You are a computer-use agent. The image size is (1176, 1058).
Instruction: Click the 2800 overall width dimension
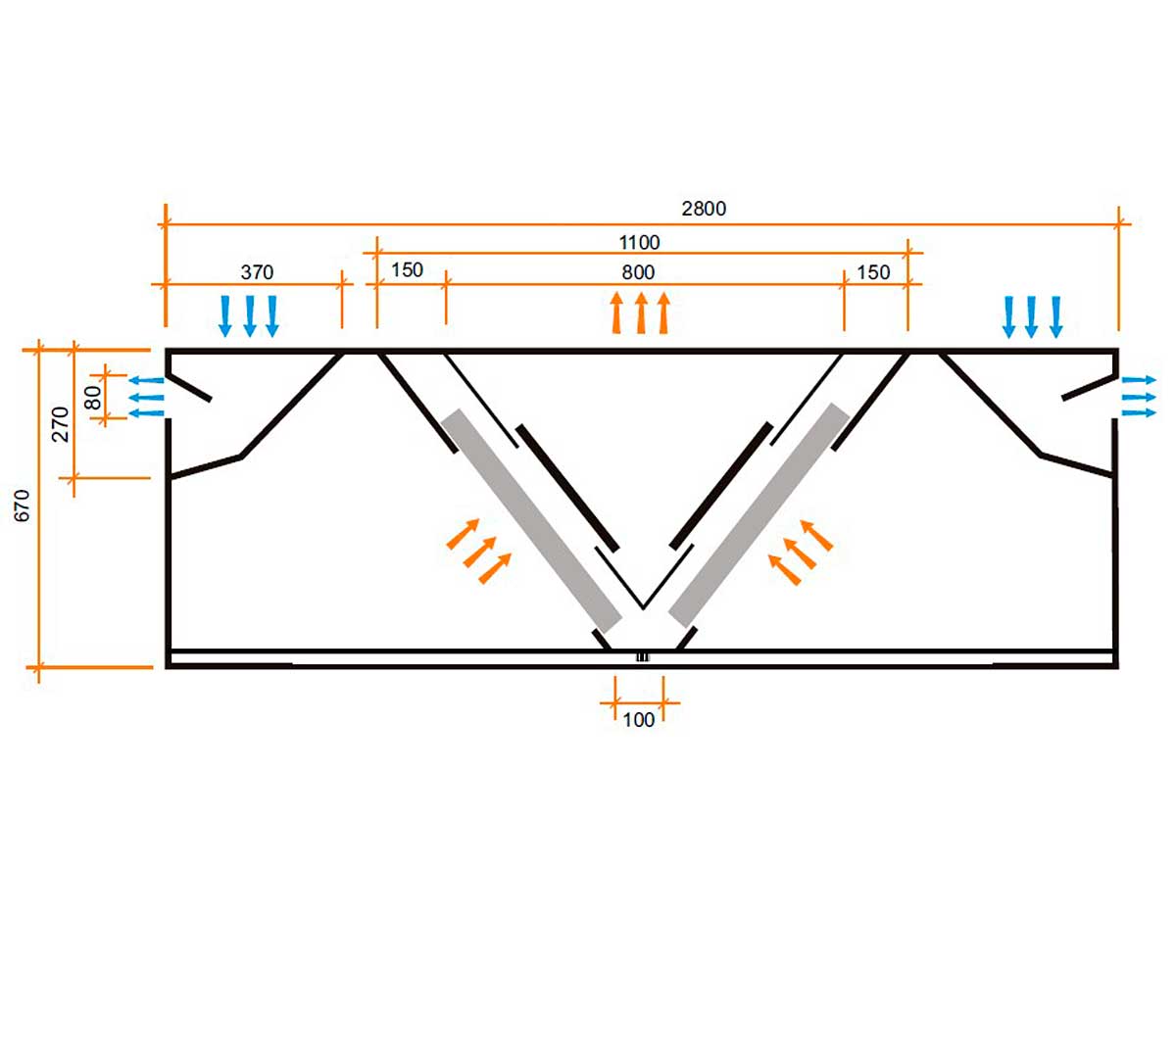tap(704, 209)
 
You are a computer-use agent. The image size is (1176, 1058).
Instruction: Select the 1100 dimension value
tap(639, 242)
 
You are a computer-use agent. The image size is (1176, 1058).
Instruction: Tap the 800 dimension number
tap(638, 272)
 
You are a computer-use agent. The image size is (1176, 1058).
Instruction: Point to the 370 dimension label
tap(257, 272)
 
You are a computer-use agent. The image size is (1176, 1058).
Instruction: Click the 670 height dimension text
tap(22, 505)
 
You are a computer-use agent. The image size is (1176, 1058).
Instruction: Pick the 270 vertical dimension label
tap(61, 424)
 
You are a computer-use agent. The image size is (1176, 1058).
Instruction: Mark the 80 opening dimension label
tap(93, 398)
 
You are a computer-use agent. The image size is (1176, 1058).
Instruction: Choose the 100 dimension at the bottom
tap(638, 720)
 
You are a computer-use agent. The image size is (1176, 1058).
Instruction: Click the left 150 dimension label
tap(407, 270)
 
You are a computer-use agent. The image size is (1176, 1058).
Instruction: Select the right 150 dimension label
tap(873, 272)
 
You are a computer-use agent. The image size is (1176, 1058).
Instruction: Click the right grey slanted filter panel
tap(759, 515)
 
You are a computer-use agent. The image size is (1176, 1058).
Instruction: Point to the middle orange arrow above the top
tap(641, 313)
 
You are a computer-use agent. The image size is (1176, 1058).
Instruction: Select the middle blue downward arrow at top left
tap(250, 316)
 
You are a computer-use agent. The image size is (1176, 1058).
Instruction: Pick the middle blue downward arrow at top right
tap(1031, 317)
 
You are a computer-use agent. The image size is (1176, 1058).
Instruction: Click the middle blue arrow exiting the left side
tap(146, 398)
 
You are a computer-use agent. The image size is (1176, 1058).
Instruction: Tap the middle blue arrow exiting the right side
tap(1139, 397)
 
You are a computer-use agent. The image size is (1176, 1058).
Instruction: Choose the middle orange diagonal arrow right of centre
tap(801, 553)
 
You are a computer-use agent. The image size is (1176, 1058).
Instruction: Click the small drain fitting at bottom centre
tap(643, 657)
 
